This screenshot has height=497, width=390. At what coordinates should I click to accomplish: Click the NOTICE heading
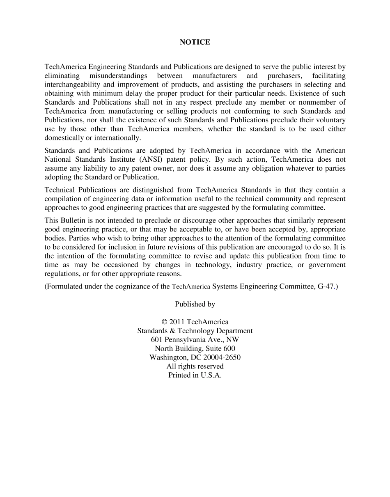click(195, 42)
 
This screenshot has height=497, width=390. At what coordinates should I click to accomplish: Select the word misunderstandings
click(118, 76)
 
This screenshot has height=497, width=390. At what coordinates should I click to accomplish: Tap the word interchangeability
click(72, 85)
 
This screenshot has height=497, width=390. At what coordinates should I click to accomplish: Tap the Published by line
click(195, 304)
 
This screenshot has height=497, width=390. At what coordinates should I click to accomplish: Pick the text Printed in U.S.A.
click(195, 375)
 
